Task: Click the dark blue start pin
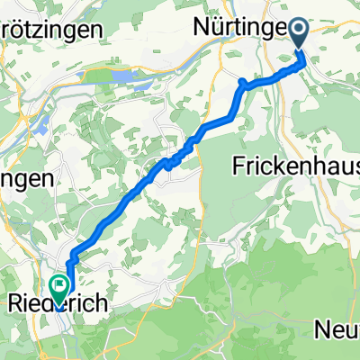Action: (x=298, y=36)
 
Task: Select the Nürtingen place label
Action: (x=247, y=29)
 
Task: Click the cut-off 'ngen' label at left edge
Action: (x=25, y=178)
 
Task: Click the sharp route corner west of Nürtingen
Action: (x=241, y=85)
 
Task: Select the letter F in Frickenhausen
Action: (x=239, y=166)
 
